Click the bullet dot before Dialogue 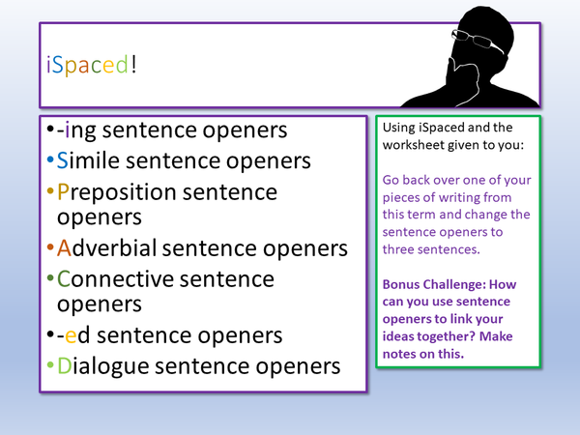(50, 367)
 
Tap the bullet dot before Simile (50, 160)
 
